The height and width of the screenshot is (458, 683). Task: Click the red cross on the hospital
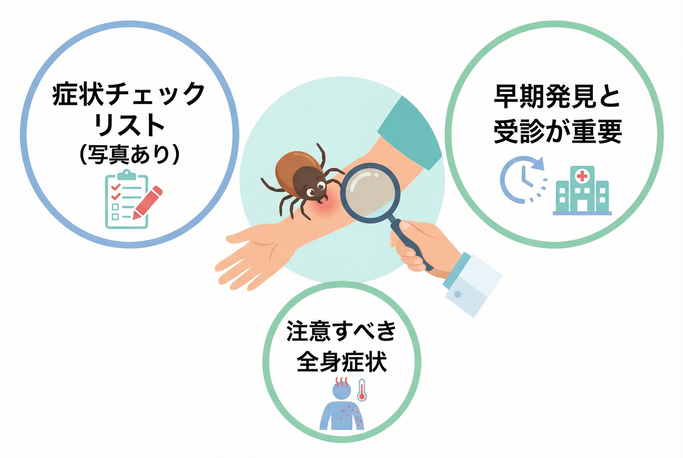pyautogui.click(x=582, y=176)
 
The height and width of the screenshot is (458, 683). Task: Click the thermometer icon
pyautogui.click(x=362, y=390)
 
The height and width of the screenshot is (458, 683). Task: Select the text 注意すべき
pyautogui.click(x=341, y=331)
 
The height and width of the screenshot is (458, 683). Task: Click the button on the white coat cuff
pyautogui.click(x=458, y=294)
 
